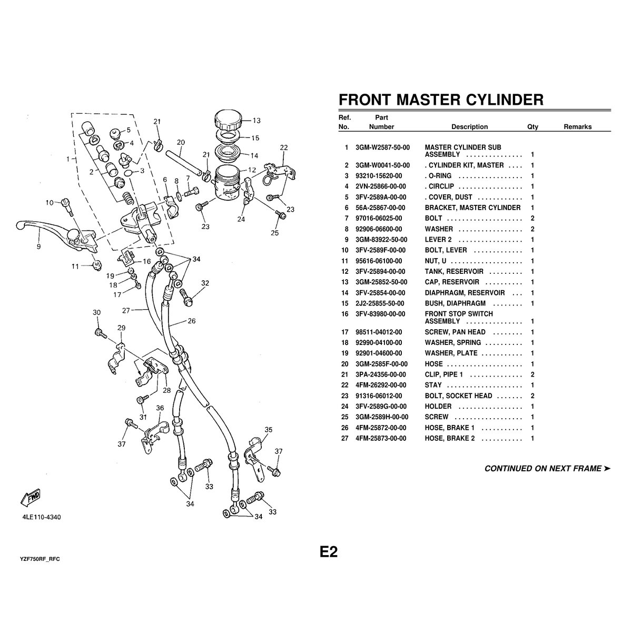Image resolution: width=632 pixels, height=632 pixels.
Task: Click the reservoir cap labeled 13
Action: click(228, 121)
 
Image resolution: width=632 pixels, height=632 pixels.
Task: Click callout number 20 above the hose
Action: click(181, 142)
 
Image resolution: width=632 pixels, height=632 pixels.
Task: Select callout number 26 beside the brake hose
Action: click(191, 321)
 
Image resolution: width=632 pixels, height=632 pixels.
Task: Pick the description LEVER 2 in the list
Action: click(438, 240)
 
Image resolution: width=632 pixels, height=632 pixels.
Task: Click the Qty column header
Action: click(532, 127)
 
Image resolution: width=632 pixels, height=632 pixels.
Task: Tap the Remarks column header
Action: click(577, 127)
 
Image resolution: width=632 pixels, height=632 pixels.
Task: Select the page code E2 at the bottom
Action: click(328, 551)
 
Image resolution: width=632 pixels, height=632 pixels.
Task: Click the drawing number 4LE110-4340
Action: click(42, 517)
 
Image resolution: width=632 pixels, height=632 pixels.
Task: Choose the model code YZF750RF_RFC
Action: click(39, 558)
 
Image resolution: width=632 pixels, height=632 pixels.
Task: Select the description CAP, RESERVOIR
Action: click(452, 282)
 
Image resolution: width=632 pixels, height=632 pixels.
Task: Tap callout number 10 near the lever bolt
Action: click(50, 202)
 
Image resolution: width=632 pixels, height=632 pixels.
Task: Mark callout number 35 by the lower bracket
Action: click(269, 430)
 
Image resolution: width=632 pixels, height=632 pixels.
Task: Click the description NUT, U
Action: click(436, 261)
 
